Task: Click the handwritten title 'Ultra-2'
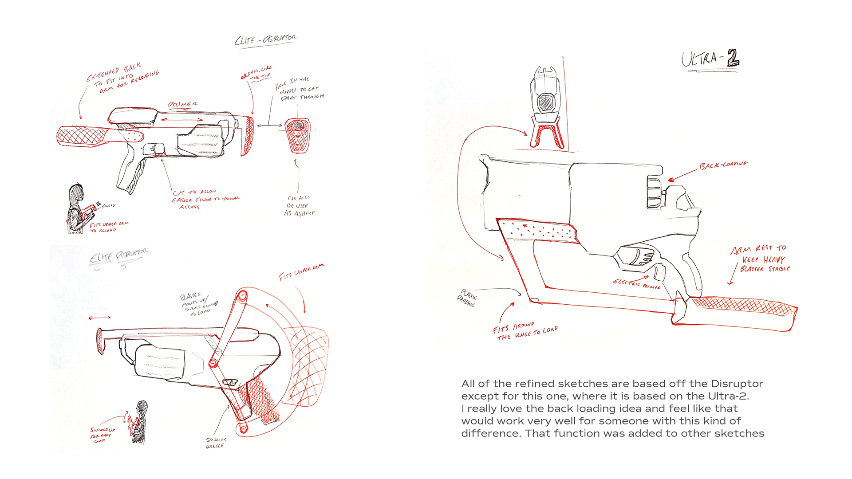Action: click(x=710, y=59)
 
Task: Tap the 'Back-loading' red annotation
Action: click(x=723, y=165)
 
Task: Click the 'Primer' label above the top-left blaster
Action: click(x=182, y=105)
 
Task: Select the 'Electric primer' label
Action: click(x=636, y=284)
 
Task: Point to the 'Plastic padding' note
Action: click(x=467, y=298)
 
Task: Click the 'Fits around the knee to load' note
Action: click(x=525, y=331)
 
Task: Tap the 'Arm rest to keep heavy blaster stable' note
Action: click(x=760, y=259)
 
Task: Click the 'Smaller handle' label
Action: click(x=216, y=443)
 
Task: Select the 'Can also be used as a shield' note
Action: click(x=299, y=206)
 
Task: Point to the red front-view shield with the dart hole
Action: click(x=297, y=135)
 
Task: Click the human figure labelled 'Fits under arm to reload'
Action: click(x=76, y=209)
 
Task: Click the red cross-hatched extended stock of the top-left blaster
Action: click(x=84, y=135)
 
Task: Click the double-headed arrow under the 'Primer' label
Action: click(x=182, y=120)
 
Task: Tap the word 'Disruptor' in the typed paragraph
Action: click(x=737, y=384)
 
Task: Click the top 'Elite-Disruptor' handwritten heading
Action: click(x=266, y=39)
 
